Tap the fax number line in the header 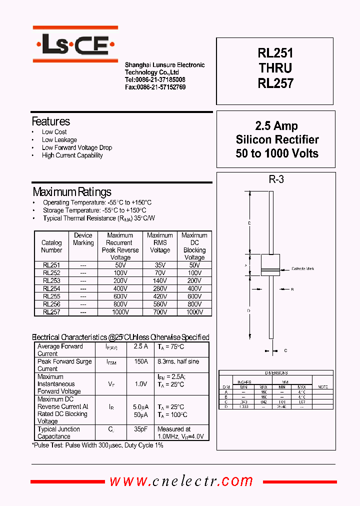coord(155,87)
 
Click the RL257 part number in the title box coord(275,83)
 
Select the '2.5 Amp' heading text coord(276,126)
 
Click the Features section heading coord(50,121)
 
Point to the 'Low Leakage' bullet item coord(59,140)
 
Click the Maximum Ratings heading coord(72,192)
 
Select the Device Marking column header coord(83,239)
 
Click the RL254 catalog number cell coord(51,289)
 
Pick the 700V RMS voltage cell coord(160,312)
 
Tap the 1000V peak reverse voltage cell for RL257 coord(120,312)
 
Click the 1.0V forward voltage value coord(141,384)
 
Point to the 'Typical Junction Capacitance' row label coord(58,433)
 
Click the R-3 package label coord(276,179)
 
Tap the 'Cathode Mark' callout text coord(303,269)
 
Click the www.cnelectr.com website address coord(181,481)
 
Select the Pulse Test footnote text coord(97,445)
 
